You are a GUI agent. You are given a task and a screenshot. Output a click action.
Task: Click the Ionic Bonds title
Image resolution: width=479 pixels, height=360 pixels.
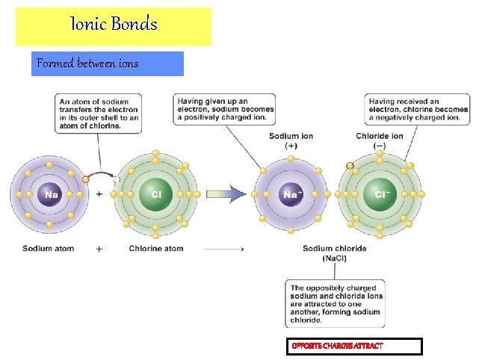[x=114, y=25]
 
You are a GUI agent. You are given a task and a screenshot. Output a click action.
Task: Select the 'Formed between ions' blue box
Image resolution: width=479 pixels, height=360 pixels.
[x=109, y=63]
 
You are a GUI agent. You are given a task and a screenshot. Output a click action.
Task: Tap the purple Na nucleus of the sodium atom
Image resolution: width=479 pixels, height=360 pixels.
[x=51, y=195]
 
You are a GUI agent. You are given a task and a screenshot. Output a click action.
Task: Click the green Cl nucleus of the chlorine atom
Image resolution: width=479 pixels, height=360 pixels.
[x=156, y=195]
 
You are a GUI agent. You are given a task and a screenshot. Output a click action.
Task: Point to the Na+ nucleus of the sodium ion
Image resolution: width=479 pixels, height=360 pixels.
[x=291, y=195]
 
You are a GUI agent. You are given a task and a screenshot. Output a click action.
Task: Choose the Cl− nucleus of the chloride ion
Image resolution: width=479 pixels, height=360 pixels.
[x=381, y=195]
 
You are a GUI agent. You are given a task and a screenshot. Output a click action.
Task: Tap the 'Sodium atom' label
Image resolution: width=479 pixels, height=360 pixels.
[x=49, y=249]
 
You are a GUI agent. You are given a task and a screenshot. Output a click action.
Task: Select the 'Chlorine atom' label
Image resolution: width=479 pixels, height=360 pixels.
[x=156, y=249]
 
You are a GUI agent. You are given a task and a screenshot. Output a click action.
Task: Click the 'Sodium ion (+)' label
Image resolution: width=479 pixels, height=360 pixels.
[x=291, y=141]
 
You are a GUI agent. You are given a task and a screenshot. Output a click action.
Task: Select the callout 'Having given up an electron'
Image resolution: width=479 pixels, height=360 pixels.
[x=223, y=109]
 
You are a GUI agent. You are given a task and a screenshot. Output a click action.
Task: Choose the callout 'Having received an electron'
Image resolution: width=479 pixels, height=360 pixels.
[x=418, y=109]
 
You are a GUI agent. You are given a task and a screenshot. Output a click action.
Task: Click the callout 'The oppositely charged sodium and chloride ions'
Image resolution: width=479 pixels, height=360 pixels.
[x=336, y=303]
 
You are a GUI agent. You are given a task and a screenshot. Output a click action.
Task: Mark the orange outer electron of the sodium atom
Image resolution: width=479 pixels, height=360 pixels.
[x=86, y=179]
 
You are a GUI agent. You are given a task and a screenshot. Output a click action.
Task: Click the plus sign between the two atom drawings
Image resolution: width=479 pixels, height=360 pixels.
[x=99, y=194]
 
